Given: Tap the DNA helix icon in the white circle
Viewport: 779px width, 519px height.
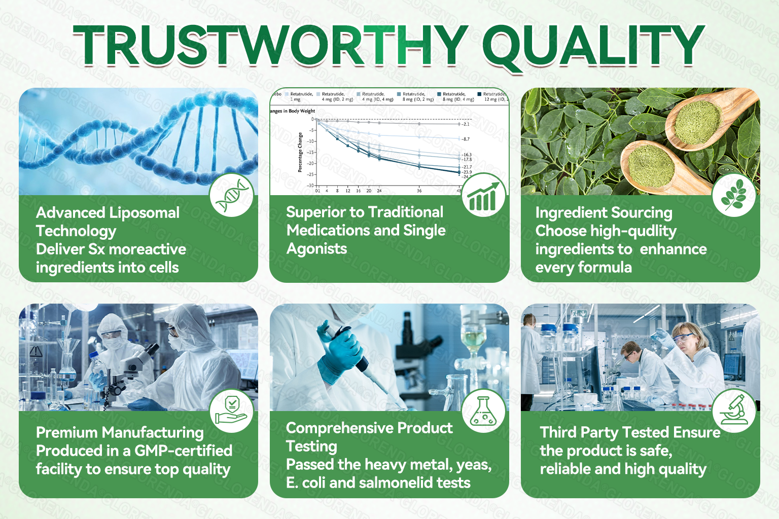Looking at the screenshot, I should tap(232, 195).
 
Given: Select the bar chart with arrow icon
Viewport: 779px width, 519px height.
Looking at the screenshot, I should tap(483, 195).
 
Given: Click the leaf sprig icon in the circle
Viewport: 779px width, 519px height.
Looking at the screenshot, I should tap(734, 195).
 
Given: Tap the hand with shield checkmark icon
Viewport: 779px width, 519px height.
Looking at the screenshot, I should tap(232, 411).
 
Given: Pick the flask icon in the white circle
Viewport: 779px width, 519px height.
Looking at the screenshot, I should tap(483, 411).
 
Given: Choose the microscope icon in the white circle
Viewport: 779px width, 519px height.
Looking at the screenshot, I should tap(734, 411).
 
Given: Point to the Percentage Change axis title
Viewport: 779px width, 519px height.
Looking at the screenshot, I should tap(300, 152).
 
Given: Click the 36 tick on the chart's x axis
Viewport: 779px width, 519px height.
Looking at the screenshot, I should tap(419, 191).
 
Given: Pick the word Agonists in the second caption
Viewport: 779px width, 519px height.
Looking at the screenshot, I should tap(317, 249).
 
